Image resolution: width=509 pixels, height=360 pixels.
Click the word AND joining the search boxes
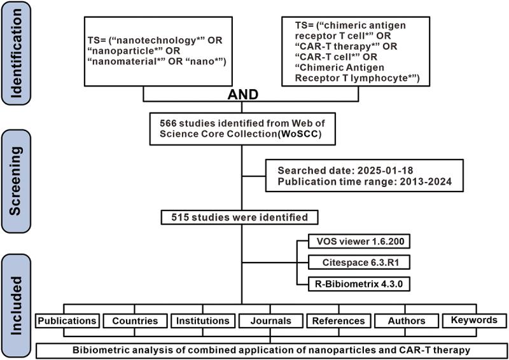[241, 95]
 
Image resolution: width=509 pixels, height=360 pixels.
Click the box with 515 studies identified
[241, 217]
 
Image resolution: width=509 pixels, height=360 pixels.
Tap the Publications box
[67, 321]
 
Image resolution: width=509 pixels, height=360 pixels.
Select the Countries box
[136, 321]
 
